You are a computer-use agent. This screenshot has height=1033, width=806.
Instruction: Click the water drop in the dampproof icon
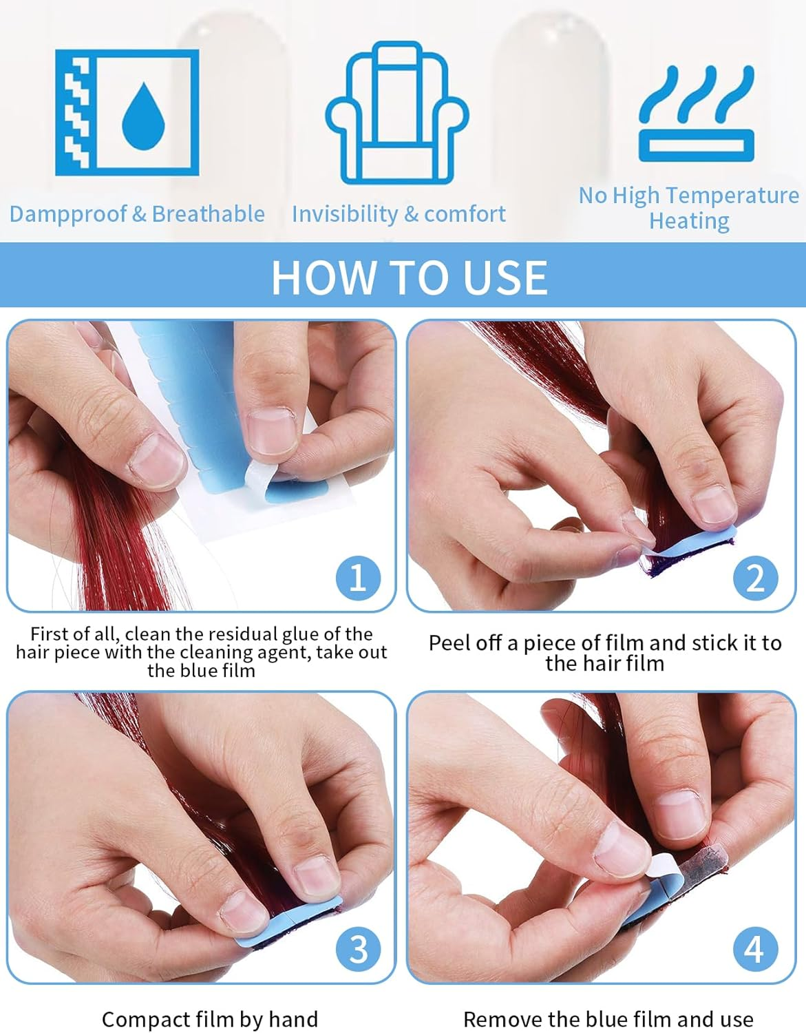click(144, 116)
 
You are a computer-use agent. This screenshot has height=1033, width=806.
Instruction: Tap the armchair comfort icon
click(397, 112)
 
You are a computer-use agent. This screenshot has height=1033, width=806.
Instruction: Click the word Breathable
click(208, 214)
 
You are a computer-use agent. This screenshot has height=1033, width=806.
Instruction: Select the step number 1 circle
click(358, 577)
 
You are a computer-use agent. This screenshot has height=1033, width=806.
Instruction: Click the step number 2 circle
click(755, 577)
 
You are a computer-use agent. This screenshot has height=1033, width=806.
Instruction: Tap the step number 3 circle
click(358, 949)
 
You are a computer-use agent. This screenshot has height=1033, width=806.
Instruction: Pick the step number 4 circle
click(755, 949)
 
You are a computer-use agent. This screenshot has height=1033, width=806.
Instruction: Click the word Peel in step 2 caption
click(448, 643)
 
